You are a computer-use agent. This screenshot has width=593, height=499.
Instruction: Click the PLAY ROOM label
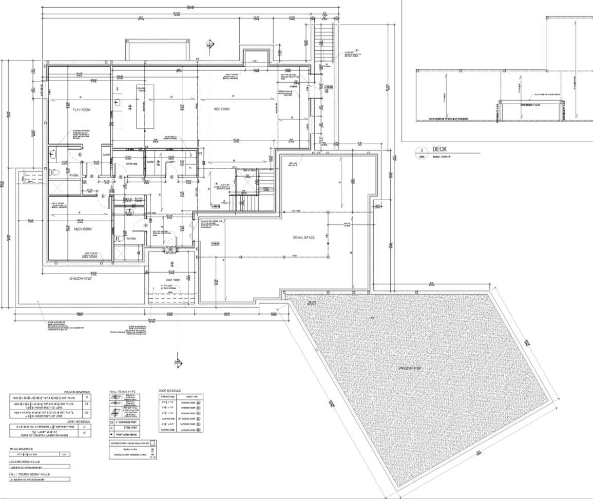[x=82, y=110]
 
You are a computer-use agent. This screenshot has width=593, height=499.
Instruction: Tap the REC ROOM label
[x=221, y=109]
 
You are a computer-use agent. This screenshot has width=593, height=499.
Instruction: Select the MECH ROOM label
[x=83, y=229]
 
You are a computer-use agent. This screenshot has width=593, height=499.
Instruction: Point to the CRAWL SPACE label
[x=304, y=237]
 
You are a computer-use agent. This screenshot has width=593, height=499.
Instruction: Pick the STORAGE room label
[x=132, y=164]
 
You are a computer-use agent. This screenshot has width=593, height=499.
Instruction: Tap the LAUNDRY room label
[x=170, y=163]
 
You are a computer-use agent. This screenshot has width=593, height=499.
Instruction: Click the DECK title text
[x=439, y=149]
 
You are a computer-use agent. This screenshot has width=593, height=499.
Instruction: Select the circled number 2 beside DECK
[x=422, y=151]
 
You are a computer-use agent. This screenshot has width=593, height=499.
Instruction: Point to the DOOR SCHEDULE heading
[x=170, y=391]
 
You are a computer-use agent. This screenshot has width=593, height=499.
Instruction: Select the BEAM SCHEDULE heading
[x=21, y=449]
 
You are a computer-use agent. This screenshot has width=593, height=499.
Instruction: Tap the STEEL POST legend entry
[x=126, y=427]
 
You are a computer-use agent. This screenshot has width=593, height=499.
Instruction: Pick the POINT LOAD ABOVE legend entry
[x=128, y=434]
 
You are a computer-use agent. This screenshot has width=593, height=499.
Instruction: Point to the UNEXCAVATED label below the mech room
[x=80, y=278]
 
